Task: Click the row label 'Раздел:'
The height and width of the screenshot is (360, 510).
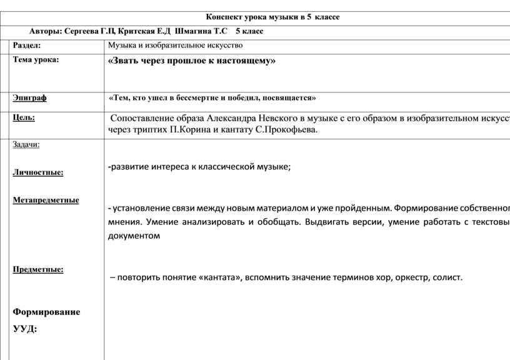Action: (x=27, y=46)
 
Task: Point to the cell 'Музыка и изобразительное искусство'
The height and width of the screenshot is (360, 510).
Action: (x=175, y=46)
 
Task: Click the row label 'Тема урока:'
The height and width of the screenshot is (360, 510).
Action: (x=36, y=60)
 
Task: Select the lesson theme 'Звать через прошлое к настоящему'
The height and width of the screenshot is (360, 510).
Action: (x=191, y=61)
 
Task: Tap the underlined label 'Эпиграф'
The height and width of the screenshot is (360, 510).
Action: (x=31, y=98)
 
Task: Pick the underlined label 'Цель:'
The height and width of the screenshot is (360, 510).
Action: (x=24, y=117)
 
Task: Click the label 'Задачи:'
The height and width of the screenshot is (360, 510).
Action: (x=26, y=144)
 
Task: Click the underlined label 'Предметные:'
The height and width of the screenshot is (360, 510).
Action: (x=38, y=269)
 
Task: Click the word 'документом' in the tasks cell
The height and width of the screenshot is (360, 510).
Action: (x=134, y=236)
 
